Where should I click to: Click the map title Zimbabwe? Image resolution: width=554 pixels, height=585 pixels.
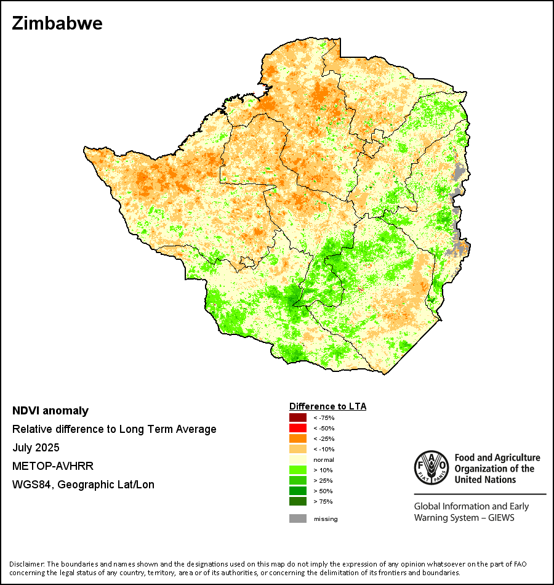[57, 24]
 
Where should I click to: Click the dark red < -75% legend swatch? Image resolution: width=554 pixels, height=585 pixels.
[298, 418]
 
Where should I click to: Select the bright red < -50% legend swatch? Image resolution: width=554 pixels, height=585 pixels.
[298, 428]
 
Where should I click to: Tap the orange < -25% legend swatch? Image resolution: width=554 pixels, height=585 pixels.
[298, 438]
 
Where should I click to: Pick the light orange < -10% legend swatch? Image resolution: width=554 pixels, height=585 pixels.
[298, 449]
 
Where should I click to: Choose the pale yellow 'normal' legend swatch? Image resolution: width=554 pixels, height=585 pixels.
[298, 459]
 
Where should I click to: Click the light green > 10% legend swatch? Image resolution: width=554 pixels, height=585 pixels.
[298, 470]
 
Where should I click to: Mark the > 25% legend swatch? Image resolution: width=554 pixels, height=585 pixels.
[298, 480]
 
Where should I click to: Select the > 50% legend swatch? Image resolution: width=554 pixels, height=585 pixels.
[298, 491]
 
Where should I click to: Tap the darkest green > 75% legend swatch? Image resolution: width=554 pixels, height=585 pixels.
[298, 501]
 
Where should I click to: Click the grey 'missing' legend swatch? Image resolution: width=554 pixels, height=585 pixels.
[298, 518]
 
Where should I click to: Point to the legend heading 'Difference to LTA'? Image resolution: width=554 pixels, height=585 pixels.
[327, 406]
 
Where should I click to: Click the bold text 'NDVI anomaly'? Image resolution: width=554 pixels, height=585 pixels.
[50, 411]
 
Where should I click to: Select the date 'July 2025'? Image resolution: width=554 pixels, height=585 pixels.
[36, 448]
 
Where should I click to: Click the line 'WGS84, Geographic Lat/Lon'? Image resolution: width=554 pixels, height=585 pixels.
[83, 485]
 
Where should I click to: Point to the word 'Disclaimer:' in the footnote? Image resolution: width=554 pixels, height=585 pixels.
[26, 564]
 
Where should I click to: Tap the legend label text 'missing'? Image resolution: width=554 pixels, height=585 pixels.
[326, 519]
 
